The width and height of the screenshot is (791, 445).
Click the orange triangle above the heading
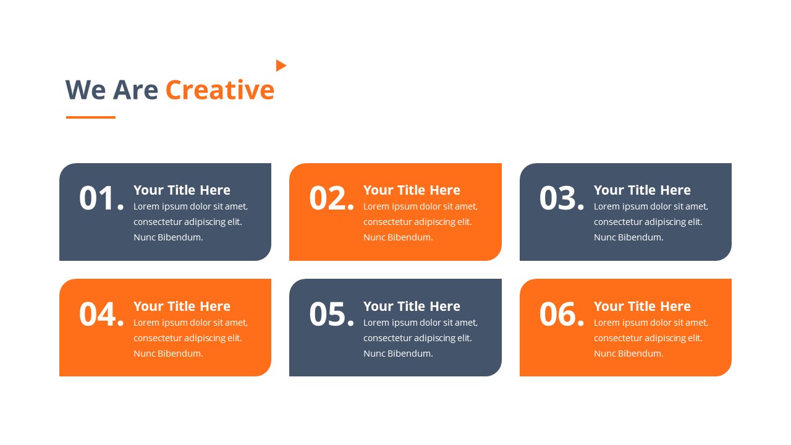click(281, 66)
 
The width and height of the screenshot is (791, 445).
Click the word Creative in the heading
click(220, 90)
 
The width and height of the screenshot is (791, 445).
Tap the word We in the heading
click(85, 90)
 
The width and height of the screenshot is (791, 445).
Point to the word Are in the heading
click(135, 90)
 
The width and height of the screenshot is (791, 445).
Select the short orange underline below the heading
click(91, 117)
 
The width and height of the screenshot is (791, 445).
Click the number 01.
click(101, 198)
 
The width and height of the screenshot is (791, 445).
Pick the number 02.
click(331, 198)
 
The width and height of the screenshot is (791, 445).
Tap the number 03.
click(562, 198)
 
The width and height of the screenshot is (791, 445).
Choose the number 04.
click(101, 314)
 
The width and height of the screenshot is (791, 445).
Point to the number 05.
click(331, 314)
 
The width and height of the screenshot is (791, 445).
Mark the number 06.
click(562, 314)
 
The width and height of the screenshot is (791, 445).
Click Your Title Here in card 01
click(182, 190)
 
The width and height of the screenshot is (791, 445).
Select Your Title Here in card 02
click(412, 190)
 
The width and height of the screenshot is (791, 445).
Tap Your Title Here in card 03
click(642, 190)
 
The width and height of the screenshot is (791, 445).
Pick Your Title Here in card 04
click(182, 306)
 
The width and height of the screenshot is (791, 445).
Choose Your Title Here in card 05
click(412, 306)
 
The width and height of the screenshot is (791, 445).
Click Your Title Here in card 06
click(642, 306)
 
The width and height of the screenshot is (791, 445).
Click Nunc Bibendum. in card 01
click(168, 237)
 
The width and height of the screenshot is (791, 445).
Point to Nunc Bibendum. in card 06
click(628, 354)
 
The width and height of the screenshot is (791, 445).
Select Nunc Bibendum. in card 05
click(398, 354)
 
